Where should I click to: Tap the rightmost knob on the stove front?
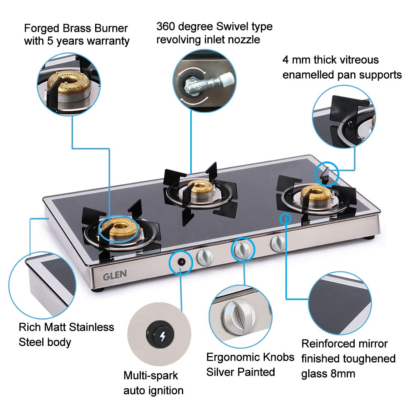coord(278,243)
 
